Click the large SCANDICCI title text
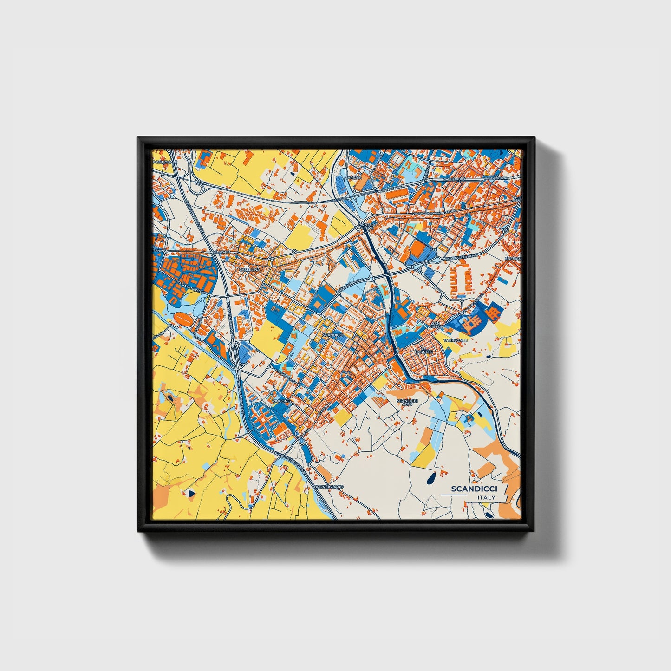pyautogui.click(x=474, y=489)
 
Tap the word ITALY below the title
pyautogui.click(x=486, y=498)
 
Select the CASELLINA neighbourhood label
pyautogui.click(x=249, y=269)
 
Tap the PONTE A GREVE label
pyautogui.click(x=367, y=226)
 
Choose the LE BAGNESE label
pyautogui.click(x=427, y=350)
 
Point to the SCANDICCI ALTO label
pyautogui.click(x=408, y=402)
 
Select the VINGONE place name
pyautogui.click(x=281, y=400)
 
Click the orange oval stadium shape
pyautogui.click(x=183, y=319)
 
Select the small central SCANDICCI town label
pyautogui.click(x=332, y=335)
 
